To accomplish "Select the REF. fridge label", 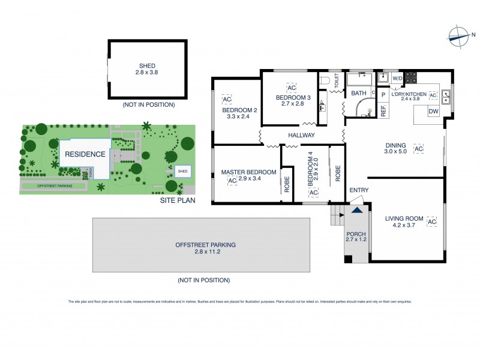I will coord(382,110).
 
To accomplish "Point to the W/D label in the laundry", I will coord(397,79).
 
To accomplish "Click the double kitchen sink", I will coord(446,94).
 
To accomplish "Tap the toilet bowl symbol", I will coord(324,80).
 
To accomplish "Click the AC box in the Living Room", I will coord(431,223).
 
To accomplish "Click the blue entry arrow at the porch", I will coord(357,211).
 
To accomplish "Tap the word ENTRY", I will coord(358,190).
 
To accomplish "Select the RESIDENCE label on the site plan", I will coord(85,154).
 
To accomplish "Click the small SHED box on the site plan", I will coord(182,172).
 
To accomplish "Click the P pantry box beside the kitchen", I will coord(382,94).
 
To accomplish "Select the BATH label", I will coord(359,94).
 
